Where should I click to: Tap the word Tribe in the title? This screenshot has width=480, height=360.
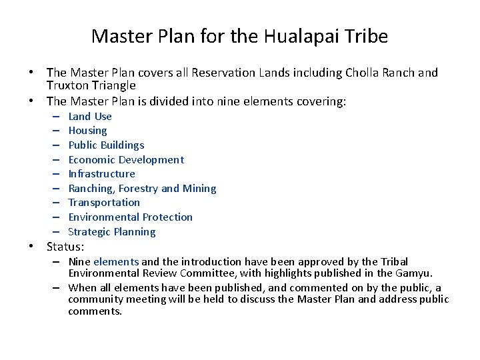pos(363,36)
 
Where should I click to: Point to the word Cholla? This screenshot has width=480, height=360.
pos(362,73)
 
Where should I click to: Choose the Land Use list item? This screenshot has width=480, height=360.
pos(90,116)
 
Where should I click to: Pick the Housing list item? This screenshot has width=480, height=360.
pos(87,131)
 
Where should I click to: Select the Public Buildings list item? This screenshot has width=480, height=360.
pos(106,145)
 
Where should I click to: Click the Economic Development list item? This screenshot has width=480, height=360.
pos(126,159)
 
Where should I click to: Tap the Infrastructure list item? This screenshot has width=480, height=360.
pos(101,174)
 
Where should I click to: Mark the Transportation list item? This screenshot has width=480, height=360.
pos(104,203)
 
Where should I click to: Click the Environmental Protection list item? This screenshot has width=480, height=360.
pos(130,217)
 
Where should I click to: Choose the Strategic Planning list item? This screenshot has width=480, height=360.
pos(112,232)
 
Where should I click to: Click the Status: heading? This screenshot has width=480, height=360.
pos(65,247)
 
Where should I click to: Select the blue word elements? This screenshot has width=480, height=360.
pos(116,262)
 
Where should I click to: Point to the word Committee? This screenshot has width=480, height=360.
pos(184,273)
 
